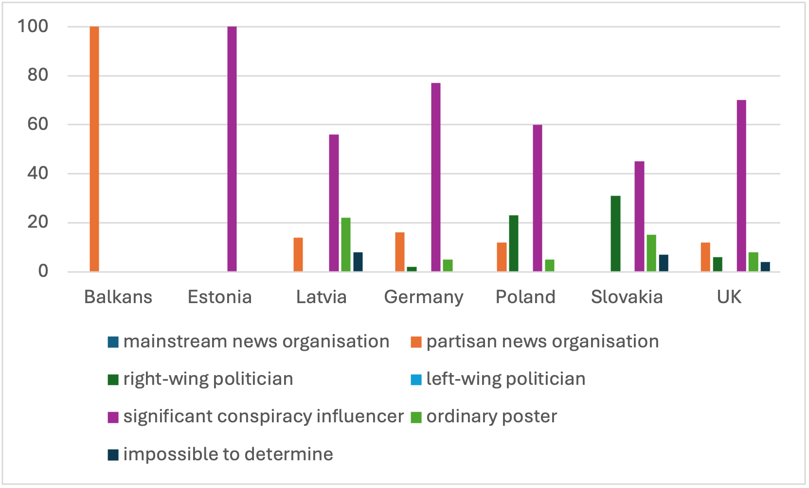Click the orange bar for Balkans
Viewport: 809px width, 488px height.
click(x=94, y=149)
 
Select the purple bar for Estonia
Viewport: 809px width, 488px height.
click(x=232, y=149)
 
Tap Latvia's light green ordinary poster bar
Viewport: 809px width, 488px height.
click(x=346, y=245)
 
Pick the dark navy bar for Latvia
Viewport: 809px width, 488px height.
click(x=358, y=262)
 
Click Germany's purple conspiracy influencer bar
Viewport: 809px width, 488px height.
click(x=436, y=177)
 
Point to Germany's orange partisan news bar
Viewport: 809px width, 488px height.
click(x=400, y=252)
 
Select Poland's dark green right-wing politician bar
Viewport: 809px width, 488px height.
click(x=514, y=243)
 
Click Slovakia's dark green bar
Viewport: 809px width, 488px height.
click(x=615, y=234)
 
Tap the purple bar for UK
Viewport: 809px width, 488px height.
click(x=741, y=186)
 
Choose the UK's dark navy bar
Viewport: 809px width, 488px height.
click(x=765, y=267)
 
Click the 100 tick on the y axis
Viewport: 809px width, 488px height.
click(x=33, y=26)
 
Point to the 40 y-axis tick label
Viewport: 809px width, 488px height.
click(x=38, y=173)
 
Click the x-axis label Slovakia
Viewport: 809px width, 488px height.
click(x=627, y=297)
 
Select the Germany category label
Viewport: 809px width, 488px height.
click(x=424, y=297)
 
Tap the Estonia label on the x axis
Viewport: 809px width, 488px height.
click(x=220, y=297)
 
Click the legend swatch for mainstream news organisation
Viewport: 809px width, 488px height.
click(x=113, y=342)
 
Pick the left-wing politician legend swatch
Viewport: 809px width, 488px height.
click(x=416, y=380)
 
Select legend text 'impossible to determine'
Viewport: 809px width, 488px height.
click(x=228, y=454)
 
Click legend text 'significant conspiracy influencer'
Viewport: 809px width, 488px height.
click(x=263, y=417)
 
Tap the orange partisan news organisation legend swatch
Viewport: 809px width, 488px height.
click(x=416, y=342)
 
